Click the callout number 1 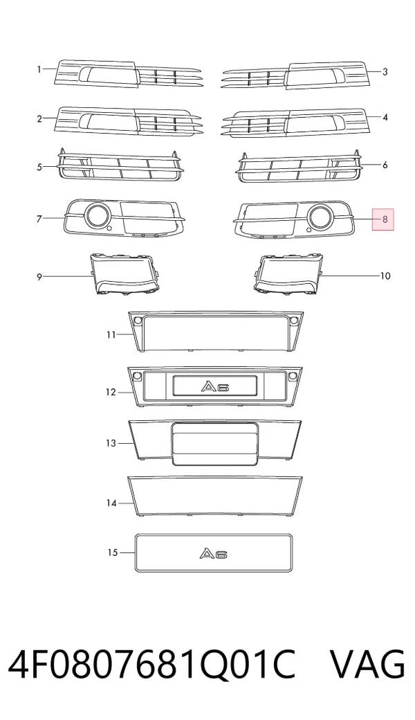tap(39, 70)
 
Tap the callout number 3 tap(385, 71)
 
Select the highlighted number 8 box tap(383, 219)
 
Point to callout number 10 tap(385, 276)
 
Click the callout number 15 tap(113, 552)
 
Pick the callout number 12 tap(111, 393)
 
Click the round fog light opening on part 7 tap(97, 215)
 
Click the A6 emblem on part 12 tap(214, 386)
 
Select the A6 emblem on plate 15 tap(214, 554)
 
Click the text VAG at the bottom tap(368, 664)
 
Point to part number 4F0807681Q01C tap(151, 664)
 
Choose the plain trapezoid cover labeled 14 tap(215, 496)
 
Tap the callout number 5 tap(39, 167)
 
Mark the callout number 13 tap(111, 444)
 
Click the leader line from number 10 tap(349, 276)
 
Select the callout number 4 tap(385, 118)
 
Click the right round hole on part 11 tap(292, 320)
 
